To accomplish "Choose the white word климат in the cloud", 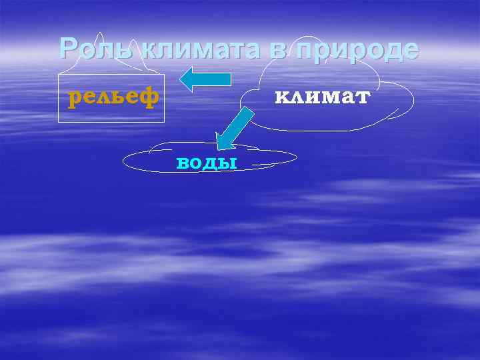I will tap(322, 97).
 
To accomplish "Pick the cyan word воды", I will tap(207, 163).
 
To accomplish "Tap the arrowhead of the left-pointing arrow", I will tap(187, 79).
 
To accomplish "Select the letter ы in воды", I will tap(229, 163).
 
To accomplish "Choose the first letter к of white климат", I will tap(281, 97).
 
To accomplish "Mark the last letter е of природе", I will tap(410, 50).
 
